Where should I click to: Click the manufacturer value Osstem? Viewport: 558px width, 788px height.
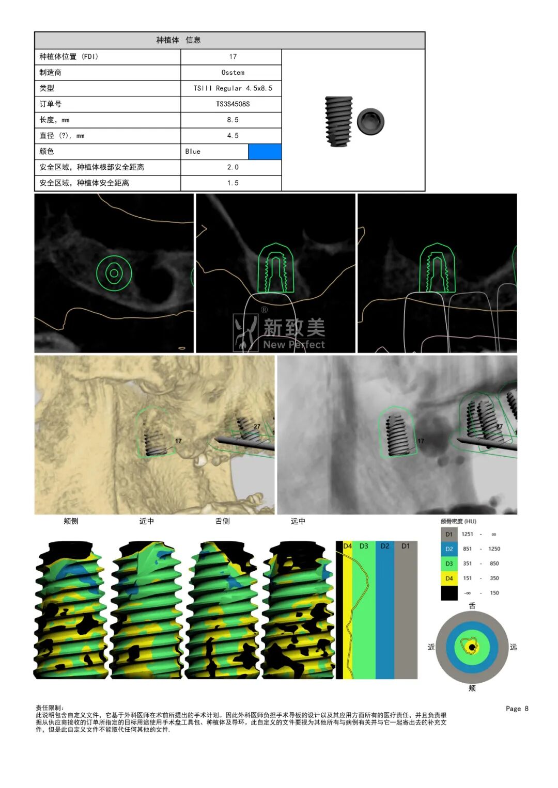click(233, 72)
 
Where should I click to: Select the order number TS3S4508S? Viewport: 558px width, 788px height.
click(233, 104)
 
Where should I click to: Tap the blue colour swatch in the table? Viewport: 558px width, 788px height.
click(265, 152)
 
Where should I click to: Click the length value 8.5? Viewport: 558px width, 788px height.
click(233, 120)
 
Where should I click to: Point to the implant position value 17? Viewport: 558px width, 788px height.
click(233, 57)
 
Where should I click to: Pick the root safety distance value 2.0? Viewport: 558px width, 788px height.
click(233, 167)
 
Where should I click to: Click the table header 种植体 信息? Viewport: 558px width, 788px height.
click(178, 40)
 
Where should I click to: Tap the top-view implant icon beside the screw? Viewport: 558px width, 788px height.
click(370, 121)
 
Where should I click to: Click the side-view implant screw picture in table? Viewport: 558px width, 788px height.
click(339, 121)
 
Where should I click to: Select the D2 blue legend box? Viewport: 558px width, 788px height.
click(449, 549)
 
